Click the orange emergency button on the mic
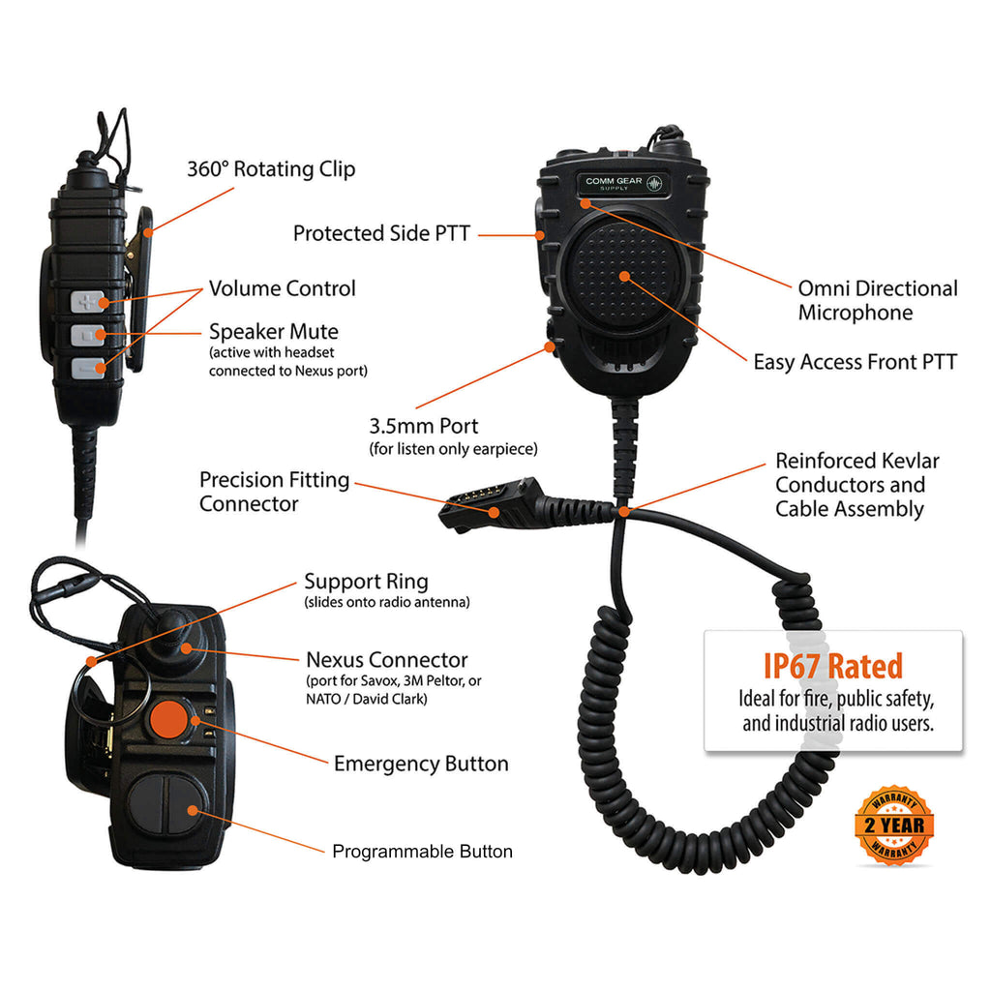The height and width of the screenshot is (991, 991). (x=168, y=719)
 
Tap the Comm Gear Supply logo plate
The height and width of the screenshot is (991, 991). (x=623, y=184)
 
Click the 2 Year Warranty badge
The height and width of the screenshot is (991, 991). (x=893, y=826)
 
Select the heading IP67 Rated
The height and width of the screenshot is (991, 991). (x=833, y=666)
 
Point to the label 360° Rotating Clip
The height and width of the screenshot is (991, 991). (x=271, y=169)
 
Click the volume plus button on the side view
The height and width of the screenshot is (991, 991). (x=87, y=302)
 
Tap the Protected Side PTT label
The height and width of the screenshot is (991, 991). (x=381, y=233)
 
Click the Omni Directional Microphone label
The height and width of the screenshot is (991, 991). (x=878, y=300)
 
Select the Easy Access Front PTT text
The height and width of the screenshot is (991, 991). (x=856, y=362)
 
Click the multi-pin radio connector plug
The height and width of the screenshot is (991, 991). (x=492, y=503)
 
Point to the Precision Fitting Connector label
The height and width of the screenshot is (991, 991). (x=274, y=492)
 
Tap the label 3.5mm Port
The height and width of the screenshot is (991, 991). (x=424, y=426)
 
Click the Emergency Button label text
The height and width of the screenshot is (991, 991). (x=421, y=764)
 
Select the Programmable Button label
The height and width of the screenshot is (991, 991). (x=422, y=852)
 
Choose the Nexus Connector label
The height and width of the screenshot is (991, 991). (x=387, y=660)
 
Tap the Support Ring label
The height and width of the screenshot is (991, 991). (x=366, y=582)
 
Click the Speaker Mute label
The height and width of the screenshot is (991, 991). (x=274, y=332)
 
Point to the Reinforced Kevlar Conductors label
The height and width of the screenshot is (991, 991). (x=857, y=485)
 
